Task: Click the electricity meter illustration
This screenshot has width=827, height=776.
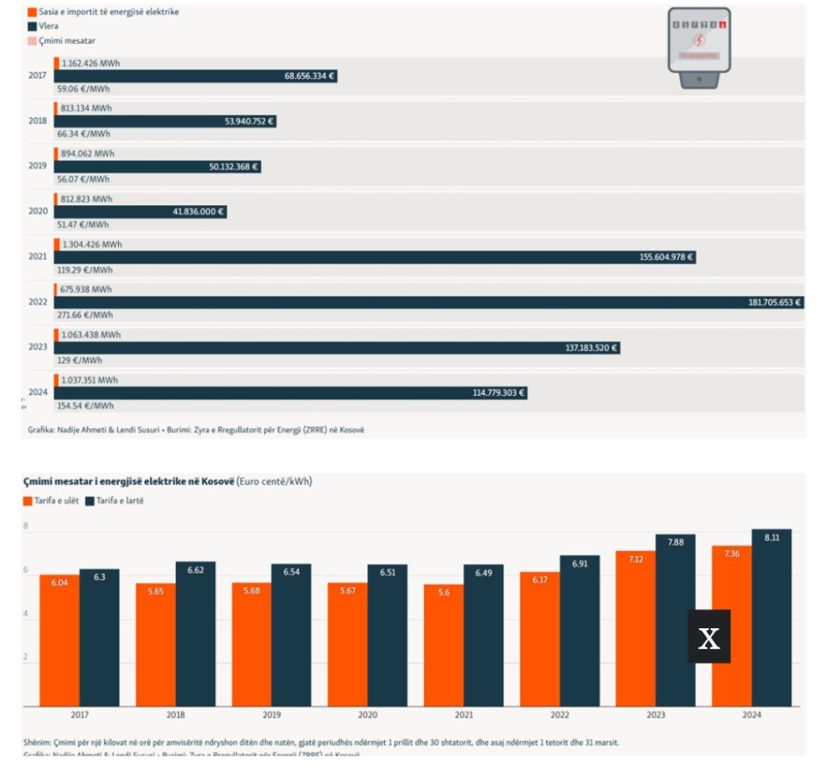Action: point(699,47)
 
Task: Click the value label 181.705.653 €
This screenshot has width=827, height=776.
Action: point(774,302)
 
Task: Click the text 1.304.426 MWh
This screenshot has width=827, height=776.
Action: point(92,245)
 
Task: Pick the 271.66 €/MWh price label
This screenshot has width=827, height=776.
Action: point(84,315)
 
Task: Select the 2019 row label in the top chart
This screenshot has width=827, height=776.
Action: point(37,166)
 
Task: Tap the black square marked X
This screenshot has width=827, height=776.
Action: point(709,637)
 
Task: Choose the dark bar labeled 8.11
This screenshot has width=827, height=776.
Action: point(771,618)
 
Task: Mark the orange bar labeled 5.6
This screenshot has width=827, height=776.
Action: point(443,646)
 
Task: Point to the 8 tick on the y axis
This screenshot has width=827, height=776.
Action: point(26,526)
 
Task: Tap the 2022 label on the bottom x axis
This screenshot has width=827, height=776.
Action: point(560,715)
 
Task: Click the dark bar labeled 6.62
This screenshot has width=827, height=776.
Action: point(195,634)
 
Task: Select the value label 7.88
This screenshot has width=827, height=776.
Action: point(675,543)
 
